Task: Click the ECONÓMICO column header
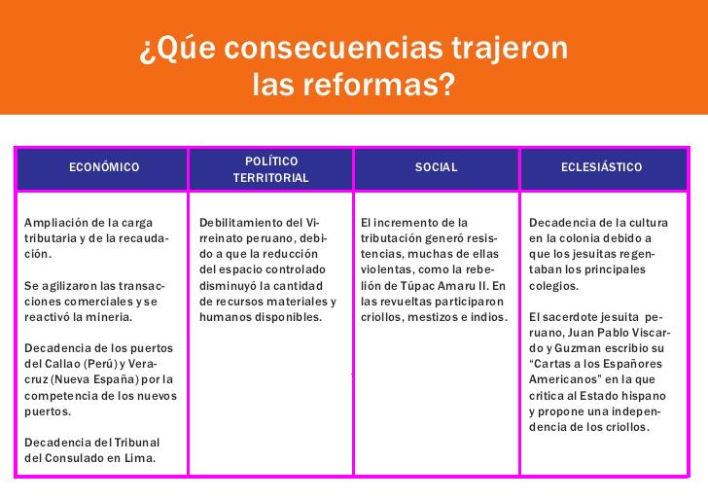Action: point(104,166)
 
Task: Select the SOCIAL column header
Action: point(436,167)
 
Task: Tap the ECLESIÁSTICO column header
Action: point(601,166)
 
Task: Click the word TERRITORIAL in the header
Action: point(271,178)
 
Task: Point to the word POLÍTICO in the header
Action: point(271,161)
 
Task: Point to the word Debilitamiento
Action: point(244,223)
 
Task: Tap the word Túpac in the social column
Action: point(415,286)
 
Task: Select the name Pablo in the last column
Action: point(613,333)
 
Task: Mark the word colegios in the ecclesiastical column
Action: point(553,286)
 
